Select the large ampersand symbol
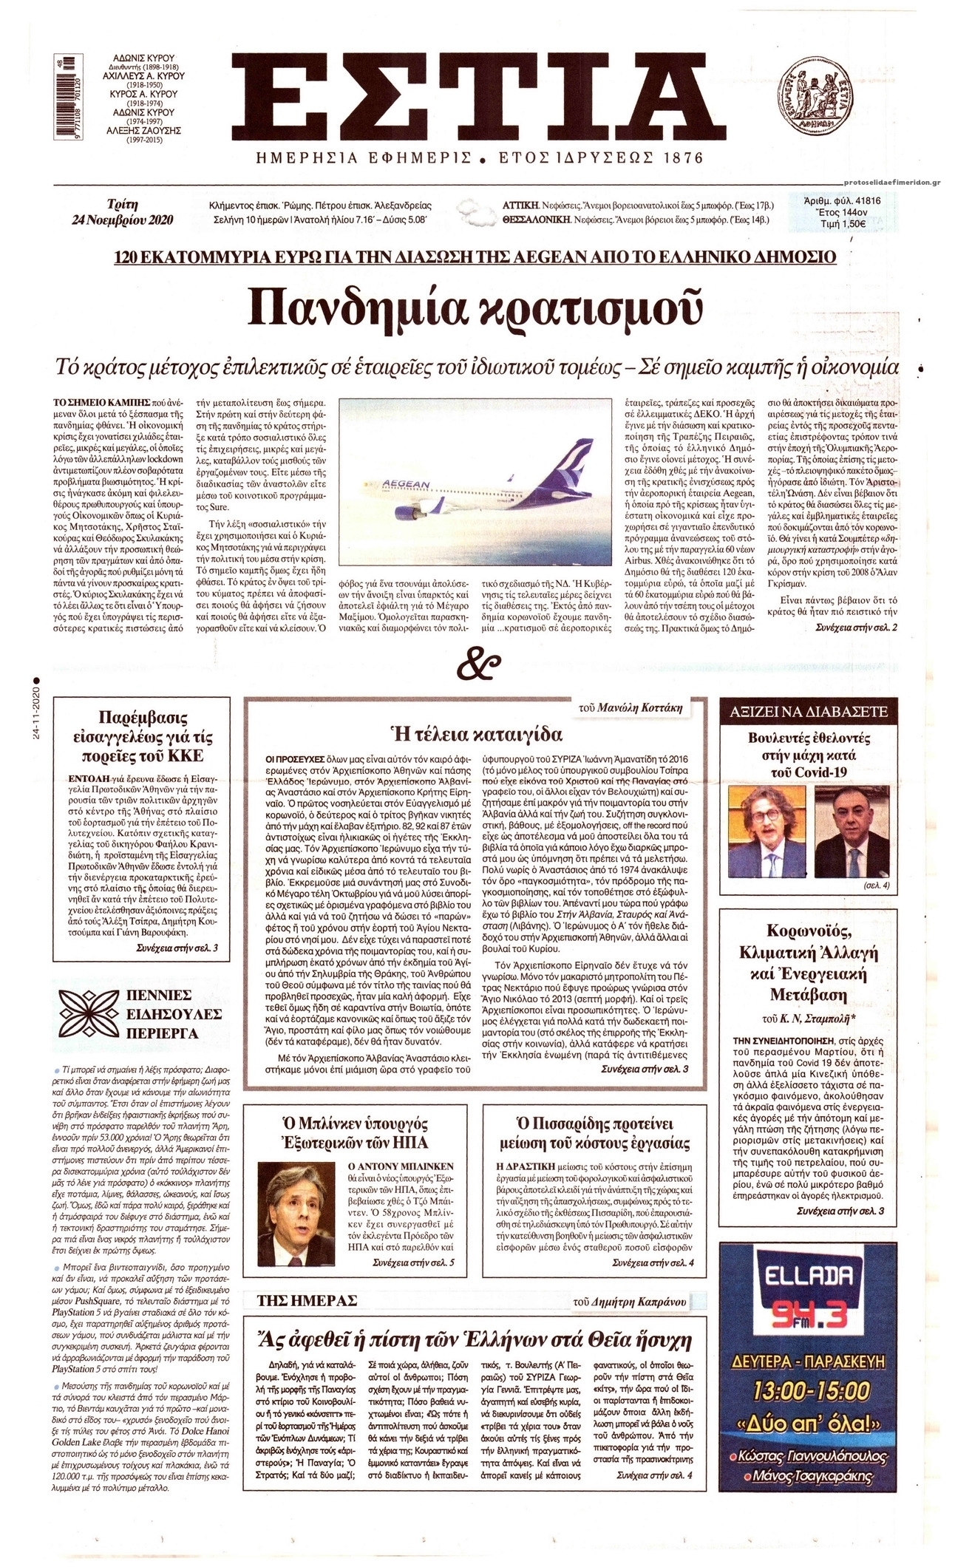(477, 664)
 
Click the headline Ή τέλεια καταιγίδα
(476, 734)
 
